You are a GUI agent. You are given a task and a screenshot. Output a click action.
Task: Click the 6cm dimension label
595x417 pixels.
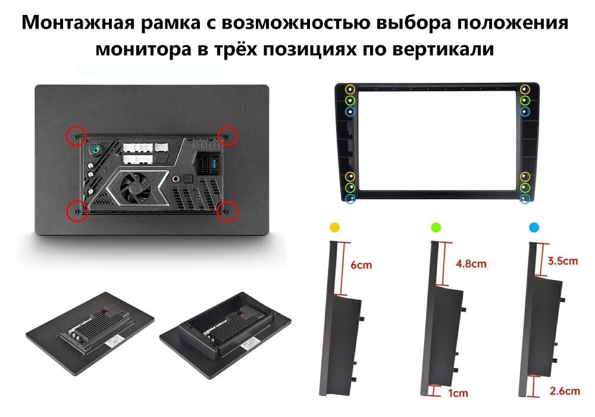point(362,264)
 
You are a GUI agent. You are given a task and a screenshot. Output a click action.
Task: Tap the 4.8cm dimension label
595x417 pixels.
point(471,263)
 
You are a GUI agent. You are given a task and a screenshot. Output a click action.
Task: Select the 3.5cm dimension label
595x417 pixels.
point(562,260)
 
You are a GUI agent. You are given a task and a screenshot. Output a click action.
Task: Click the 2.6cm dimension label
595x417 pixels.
point(565,391)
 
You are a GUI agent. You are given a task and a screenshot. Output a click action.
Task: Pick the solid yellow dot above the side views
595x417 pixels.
point(335,227)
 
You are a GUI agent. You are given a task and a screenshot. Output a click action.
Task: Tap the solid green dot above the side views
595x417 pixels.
point(436,227)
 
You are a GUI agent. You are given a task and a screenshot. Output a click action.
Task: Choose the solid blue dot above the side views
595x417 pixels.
point(534,227)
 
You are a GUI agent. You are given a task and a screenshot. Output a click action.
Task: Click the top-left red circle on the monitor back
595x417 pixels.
point(75,135)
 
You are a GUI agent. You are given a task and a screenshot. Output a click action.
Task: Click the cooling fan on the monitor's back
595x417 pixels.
point(133,185)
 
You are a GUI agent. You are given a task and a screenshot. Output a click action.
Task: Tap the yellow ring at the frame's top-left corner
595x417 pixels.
point(350,89)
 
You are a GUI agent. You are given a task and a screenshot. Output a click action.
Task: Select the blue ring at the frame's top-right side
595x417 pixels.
point(525,111)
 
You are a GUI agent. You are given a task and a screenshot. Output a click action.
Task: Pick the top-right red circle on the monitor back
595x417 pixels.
point(227,135)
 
